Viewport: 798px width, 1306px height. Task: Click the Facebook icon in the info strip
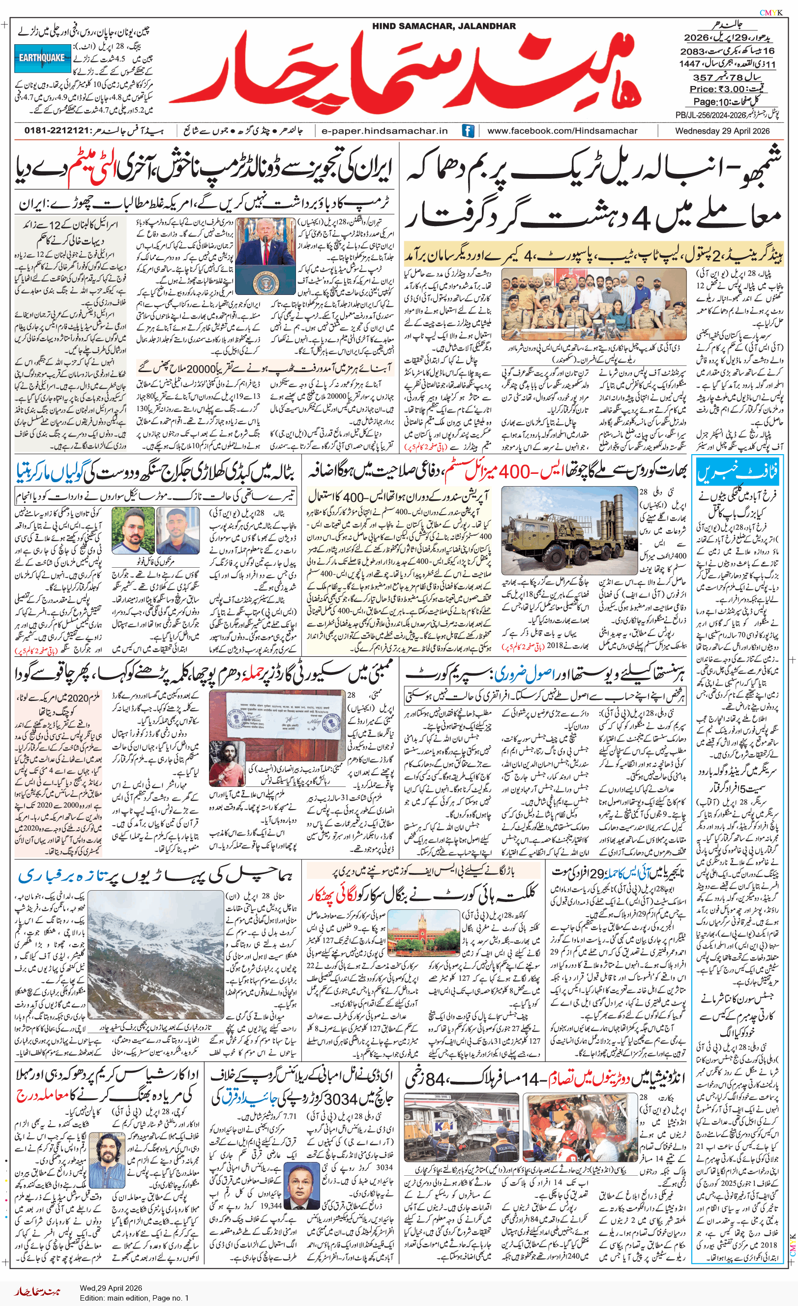[x=468, y=131]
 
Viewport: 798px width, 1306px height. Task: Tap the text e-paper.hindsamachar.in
[x=384, y=131]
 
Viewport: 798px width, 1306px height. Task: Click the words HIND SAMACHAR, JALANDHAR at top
[x=443, y=26]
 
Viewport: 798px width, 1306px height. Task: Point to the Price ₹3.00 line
[x=726, y=89]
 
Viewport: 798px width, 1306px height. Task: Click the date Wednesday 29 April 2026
[x=722, y=131]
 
